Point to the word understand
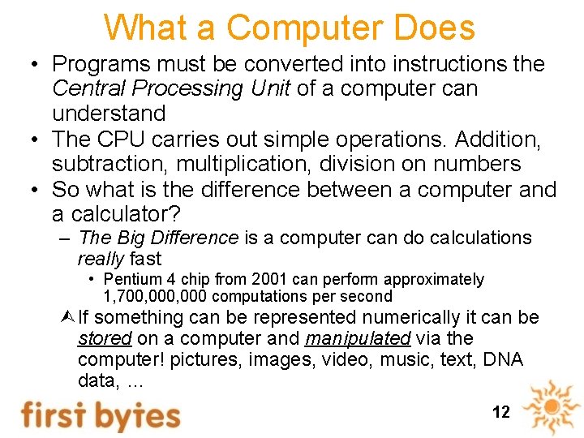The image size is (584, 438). (109, 114)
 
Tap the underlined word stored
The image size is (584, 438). (105, 338)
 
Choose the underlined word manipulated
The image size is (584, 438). (357, 338)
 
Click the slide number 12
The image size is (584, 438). (501, 412)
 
